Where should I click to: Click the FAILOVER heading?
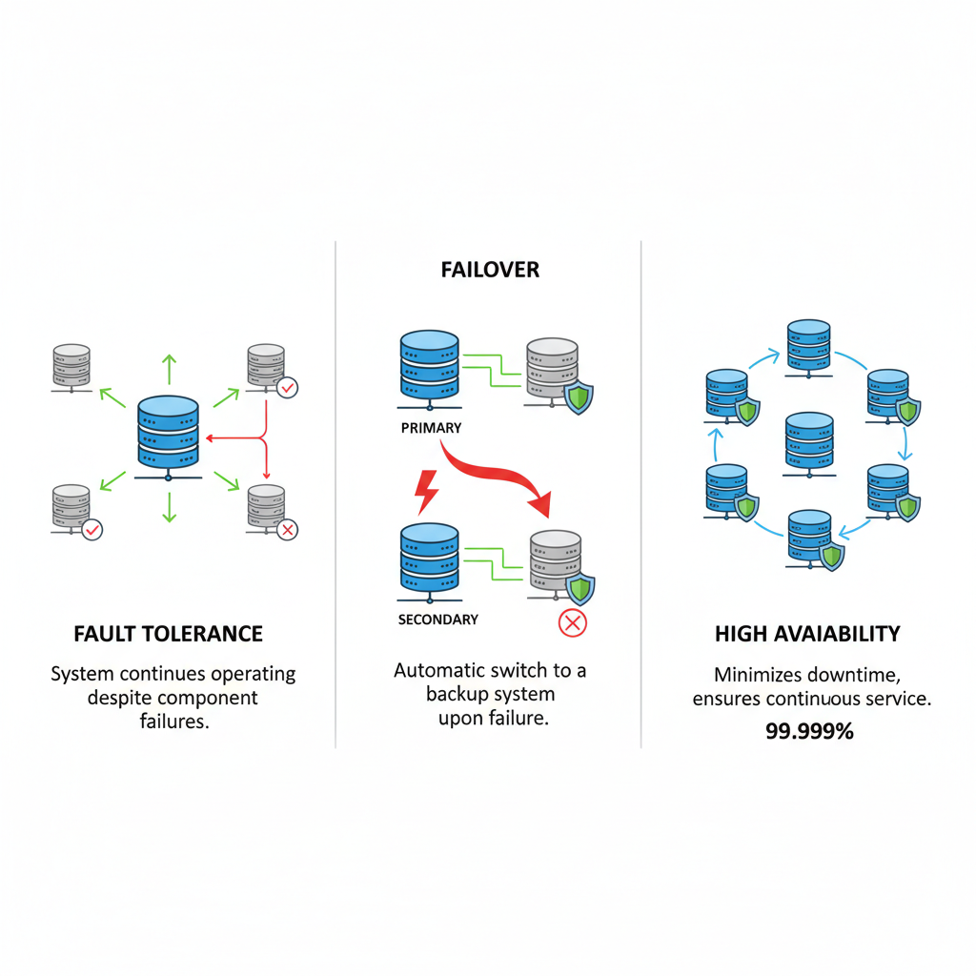coord(490,270)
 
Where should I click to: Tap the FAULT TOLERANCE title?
coord(168,634)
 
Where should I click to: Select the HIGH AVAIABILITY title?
coord(807,634)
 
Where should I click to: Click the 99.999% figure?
coord(809,731)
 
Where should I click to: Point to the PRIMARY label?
coord(431,428)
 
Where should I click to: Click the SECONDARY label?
coord(437,620)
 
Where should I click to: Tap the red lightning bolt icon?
coord(425,489)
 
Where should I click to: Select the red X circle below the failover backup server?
coord(572,624)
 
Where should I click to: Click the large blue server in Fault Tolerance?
coord(168,434)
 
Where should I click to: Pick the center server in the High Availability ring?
coord(808,443)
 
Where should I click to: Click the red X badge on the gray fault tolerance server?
coord(287,529)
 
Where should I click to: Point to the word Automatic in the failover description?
coord(439,671)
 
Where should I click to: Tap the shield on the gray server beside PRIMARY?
coord(578,398)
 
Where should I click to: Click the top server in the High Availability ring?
coord(810,348)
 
